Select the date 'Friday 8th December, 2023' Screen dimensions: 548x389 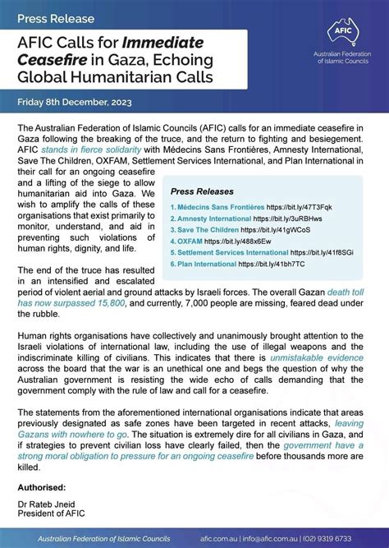(80, 105)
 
